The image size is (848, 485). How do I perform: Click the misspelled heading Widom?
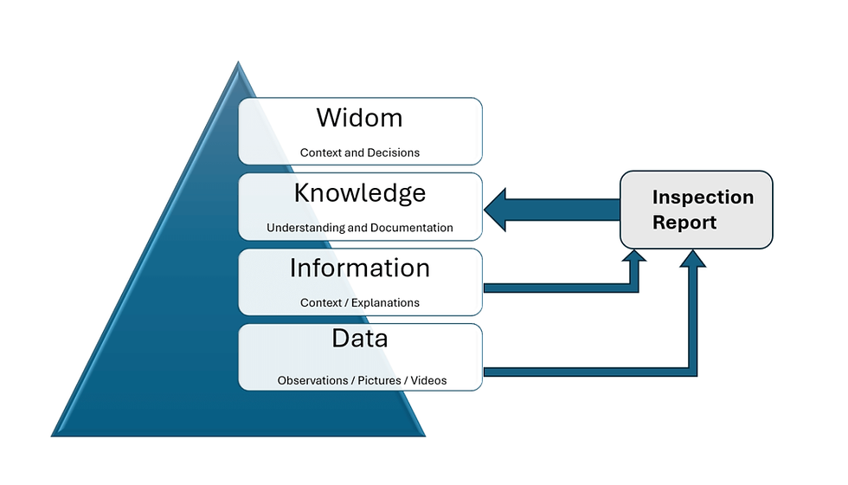coord(359,117)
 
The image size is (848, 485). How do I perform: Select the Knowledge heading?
coord(359,192)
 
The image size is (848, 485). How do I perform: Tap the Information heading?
coord(359,268)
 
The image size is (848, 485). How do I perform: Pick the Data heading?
coord(359,338)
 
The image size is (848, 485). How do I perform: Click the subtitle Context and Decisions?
coord(359,152)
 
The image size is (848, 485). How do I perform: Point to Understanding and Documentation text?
coord(359,228)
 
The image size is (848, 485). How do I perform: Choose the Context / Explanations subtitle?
coord(359,303)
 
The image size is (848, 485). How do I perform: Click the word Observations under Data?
coord(312,380)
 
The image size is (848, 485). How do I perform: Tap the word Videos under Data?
coord(428,380)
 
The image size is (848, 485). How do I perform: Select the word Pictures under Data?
coord(377,380)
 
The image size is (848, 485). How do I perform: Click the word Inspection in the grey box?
coord(703,197)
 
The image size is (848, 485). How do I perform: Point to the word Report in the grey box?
coord(684,223)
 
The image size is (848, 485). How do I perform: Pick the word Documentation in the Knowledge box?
coord(411,228)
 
